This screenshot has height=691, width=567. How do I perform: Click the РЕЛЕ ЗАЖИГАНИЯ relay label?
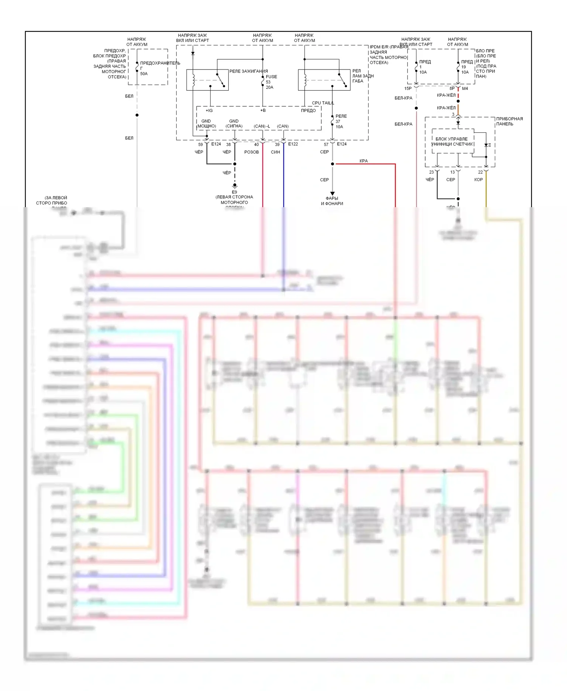point(248,71)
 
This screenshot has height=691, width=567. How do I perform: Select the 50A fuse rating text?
point(144,74)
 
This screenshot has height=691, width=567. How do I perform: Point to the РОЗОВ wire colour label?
point(251,152)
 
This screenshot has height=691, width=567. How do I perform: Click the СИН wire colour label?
point(275,152)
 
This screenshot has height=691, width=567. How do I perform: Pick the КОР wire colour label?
point(479,180)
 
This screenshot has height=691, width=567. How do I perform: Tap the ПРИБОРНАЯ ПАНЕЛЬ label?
point(509,121)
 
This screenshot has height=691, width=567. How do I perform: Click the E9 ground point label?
point(234,192)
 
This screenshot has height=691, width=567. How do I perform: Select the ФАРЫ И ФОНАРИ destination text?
point(332,201)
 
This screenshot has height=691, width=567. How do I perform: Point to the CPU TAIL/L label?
point(323,103)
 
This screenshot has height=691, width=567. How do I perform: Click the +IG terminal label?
point(209,110)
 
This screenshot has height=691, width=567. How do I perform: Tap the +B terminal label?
point(263,110)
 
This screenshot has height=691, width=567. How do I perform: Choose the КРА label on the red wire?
point(364,161)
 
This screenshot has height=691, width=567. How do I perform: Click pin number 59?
point(200,144)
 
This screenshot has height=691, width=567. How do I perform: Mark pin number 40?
point(256,144)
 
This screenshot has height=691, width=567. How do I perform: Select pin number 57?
point(326,144)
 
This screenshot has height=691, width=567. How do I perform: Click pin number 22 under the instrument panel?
point(480,172)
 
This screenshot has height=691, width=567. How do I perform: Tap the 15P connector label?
point(408,88)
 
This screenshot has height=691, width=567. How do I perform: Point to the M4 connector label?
point(465,88)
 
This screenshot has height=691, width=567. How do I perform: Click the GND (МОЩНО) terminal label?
point(206,124)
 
